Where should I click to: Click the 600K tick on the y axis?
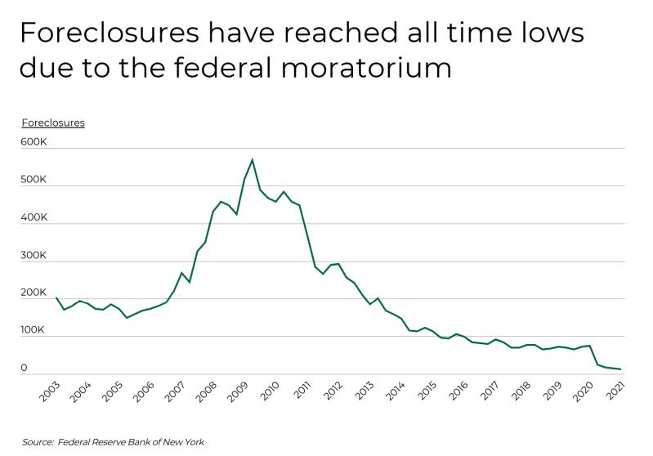[x=34, y=142]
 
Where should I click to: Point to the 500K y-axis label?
[x=34, y=180]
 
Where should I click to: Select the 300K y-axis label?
[x=34, y=255]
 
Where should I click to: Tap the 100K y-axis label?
[x=34, y=330]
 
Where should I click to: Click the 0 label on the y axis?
[x=25, y=368]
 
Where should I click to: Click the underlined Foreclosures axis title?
[x=53, y=123]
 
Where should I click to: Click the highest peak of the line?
[x=252, y=159]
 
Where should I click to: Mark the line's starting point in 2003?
[x=56, y=298]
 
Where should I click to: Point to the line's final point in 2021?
[x=620, y=369]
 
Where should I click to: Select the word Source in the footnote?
[x=37, y=442]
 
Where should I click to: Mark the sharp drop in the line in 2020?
[x=593, y=355]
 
